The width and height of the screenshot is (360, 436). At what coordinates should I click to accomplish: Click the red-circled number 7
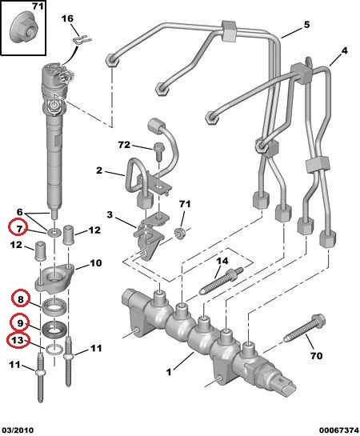point(19,229)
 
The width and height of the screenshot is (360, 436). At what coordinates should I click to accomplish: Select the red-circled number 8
point(20,299)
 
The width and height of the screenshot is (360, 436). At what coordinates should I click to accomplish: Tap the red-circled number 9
point(20,323)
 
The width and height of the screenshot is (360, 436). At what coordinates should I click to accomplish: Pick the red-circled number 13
point(18,340)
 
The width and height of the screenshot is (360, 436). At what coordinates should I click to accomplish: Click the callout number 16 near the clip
point(67,19)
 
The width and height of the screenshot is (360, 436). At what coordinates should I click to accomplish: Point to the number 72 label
point(124,145)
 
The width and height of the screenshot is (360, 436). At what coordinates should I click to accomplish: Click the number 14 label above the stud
point(222,261)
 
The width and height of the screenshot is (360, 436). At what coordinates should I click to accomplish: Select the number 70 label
point(316,355)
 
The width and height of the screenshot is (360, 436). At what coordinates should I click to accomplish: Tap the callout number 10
point(95,262)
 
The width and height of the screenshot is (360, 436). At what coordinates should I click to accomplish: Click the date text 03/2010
point(17,430)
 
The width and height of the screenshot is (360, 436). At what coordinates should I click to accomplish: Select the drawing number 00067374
point(339,430)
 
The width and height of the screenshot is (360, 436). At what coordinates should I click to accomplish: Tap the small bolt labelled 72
point(158,150)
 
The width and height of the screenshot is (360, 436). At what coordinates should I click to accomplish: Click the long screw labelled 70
point(305,328)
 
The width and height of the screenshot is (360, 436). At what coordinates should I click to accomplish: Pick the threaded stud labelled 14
point(222,281)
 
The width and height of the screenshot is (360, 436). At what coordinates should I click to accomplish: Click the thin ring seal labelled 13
point(54,350)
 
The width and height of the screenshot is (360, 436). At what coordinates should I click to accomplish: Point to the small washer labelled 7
point(54,232)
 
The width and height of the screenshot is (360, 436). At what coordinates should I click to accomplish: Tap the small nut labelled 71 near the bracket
point(180,233)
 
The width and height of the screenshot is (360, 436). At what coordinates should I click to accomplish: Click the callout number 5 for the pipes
point(306,25)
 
